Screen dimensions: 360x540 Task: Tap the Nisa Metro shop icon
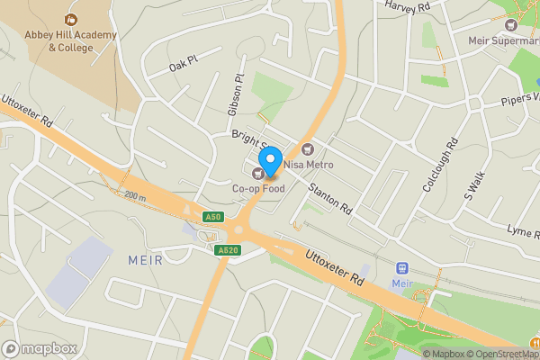coord(308,148)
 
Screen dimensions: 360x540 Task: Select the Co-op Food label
coord(259,189)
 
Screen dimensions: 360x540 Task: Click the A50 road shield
coord(212,217)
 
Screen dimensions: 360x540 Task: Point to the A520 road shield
coord(228,249)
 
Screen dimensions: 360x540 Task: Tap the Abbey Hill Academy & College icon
coord(70,19)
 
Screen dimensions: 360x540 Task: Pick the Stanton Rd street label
coord(329,199)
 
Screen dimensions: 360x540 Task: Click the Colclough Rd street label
coord(440,165)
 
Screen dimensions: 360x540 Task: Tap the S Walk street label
coord(474,185)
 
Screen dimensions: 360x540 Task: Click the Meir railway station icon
coord(402,268)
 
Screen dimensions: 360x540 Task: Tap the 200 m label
coord(135,195)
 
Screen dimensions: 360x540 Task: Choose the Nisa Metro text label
coord(309,165)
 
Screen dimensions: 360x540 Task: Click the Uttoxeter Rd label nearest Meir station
coord(334,267)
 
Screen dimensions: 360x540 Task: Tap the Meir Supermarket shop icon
coord(512,23)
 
